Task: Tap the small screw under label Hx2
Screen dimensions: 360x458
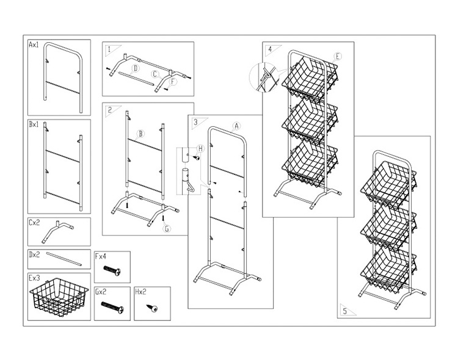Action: [151, 308]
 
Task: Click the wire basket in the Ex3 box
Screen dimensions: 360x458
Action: [59, 300]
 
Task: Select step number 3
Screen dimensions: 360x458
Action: [195, 121]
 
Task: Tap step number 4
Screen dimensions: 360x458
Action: [269, 49]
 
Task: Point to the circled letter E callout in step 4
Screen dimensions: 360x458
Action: [338, 56]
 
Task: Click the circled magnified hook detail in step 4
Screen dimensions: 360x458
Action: [261, 79]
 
